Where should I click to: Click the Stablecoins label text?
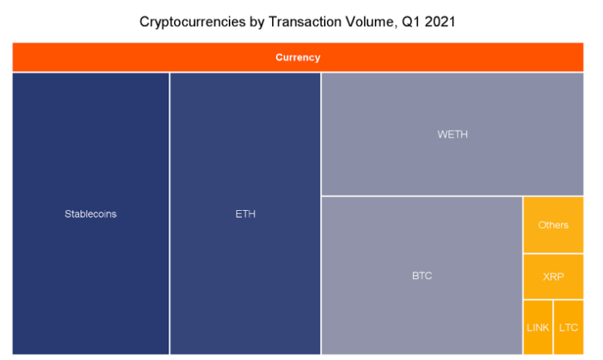(90, 214)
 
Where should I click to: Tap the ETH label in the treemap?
(245, 214)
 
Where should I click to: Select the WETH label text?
(452, 134)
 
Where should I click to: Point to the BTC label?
(422, 276)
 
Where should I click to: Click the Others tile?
(554, 225)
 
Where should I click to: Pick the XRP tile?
(554, 277)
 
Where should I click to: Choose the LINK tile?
(538, 328)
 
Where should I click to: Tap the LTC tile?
(569, 328)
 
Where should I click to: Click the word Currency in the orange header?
(298, 58)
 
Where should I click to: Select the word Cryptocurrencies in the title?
(192, 22)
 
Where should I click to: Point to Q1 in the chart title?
(411, 22)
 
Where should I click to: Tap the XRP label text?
(554, 277)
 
